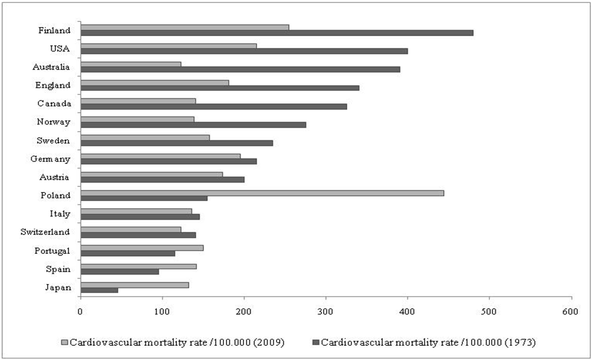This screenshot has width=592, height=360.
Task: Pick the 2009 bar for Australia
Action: point(131,64)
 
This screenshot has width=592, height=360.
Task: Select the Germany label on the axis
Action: point(50,159)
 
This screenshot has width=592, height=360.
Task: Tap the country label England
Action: point(54,85)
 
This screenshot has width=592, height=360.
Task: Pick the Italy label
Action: point(60,214)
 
